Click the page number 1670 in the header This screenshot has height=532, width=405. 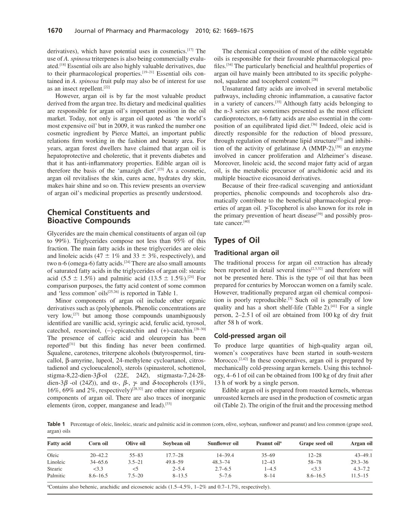coord(55,31)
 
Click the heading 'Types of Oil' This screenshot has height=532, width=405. coord(237,240)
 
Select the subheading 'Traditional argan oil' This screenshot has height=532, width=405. coord(246,253)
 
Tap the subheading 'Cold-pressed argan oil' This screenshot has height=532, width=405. coord(250,336)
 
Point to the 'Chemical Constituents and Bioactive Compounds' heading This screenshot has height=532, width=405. coord(98,216)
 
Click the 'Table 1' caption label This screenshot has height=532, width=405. coord(56,424)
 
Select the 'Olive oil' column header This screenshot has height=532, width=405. coord(135,443)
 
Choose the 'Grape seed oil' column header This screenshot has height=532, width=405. coord(316,443)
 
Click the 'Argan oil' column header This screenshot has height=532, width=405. coord(361,443)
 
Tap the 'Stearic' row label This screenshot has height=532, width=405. coord(55,469)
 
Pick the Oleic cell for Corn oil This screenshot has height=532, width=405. coord(99,455)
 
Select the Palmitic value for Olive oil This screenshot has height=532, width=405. coord(136,475)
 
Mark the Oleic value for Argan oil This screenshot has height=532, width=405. coord(363,455)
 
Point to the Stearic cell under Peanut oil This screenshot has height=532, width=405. coord(270,469)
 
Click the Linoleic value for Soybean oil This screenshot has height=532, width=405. coord(175,462)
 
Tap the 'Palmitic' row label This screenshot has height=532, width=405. coord(56,475)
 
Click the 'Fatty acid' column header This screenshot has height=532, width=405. coord(59,443)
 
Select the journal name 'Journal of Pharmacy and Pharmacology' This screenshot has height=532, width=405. coord(131,31)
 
